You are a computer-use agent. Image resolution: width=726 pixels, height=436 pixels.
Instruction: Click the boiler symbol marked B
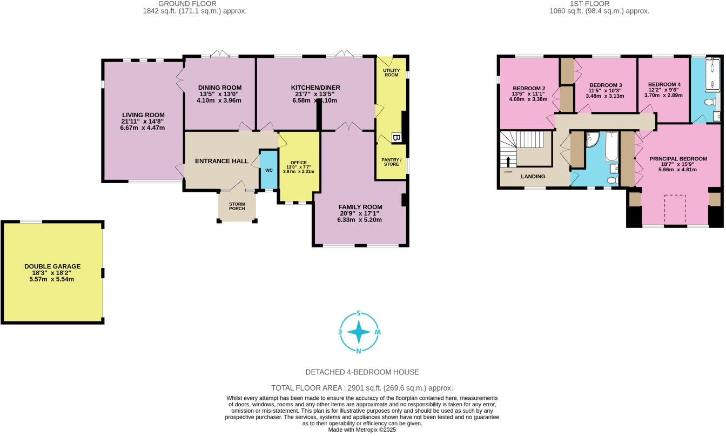coord(396,138)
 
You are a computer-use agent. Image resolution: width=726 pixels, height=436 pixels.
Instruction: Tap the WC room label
coord(268,170)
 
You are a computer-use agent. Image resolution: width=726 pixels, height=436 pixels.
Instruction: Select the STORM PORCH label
coord(237,206)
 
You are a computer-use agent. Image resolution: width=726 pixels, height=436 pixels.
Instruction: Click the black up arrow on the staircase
coord(508,162)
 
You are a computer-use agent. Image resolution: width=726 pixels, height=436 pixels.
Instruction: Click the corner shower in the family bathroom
coord(591,139)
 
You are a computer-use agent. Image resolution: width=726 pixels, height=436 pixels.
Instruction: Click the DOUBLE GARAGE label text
coord(52,266)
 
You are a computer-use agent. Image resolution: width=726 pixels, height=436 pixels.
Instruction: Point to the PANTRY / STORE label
coord(391,162)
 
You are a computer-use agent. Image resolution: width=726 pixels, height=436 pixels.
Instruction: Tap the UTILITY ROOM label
coord(391,72)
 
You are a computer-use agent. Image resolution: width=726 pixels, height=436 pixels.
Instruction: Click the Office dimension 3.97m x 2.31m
coord(298,171)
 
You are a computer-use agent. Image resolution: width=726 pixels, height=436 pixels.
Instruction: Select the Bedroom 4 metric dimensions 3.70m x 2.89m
coord(663,95)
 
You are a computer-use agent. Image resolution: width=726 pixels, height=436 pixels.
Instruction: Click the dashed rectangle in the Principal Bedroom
coord(675,209)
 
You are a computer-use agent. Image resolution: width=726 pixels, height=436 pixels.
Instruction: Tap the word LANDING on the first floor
coord(533,177)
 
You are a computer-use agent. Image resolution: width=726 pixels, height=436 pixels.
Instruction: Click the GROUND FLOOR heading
coord(194,4)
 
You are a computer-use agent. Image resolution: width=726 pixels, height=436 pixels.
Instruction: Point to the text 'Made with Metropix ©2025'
coord(362,430)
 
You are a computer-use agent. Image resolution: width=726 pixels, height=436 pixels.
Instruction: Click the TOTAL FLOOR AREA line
coord(362,388)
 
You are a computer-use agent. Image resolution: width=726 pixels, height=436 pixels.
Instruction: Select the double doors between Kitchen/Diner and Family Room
coord(348,127)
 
